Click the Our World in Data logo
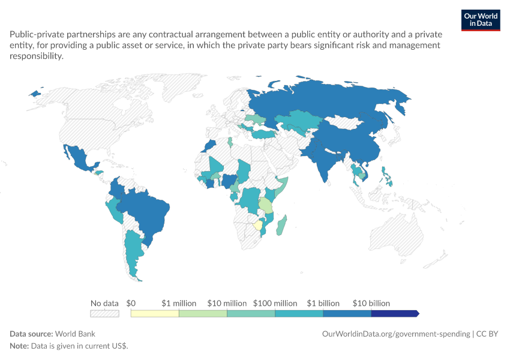tap(481, 20)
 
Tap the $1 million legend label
tap(179, 304)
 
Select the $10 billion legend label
tap(371, 304)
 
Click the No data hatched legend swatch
tap(104, 313)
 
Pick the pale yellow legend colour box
tap(155, 313)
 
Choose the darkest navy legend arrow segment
tap(395, 313)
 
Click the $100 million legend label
tap(275, 304)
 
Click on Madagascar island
tap(281, 225)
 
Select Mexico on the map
tap(79, 158)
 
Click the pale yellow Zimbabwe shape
tap(257, 226)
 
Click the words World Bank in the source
tap(75, 334)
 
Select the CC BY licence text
tap(487, 334)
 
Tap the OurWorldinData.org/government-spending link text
tap(396, 334)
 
